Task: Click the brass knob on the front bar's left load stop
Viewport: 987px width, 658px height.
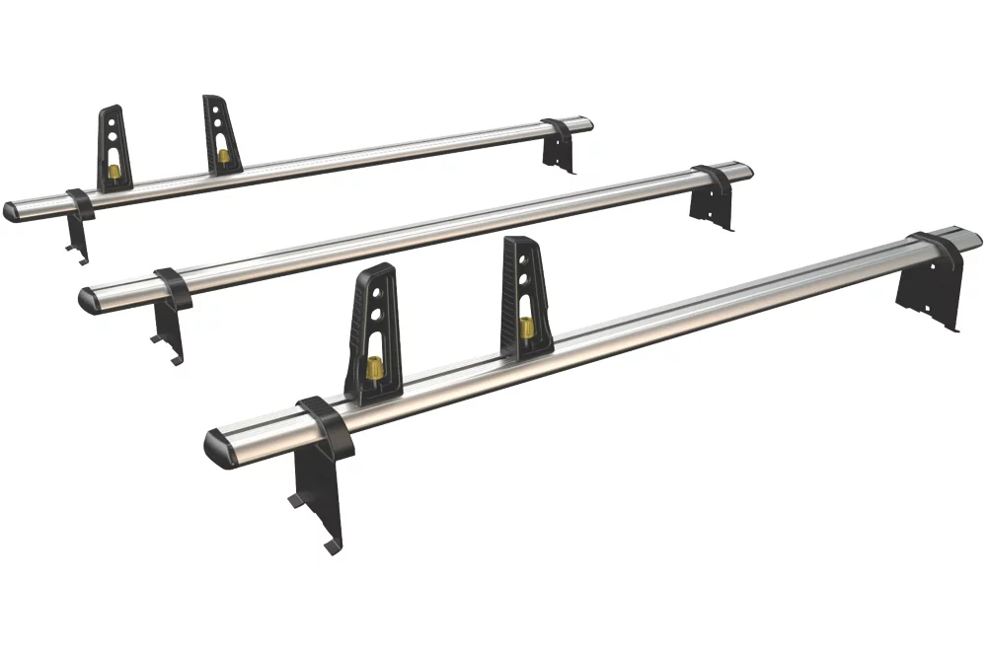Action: point(375,370)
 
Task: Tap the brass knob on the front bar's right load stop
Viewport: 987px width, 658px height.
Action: point(526,328)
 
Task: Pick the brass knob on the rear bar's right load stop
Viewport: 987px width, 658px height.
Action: point(225,156)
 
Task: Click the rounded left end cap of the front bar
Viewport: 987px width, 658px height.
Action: point(217,450)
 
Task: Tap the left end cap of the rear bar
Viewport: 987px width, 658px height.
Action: point(12,211)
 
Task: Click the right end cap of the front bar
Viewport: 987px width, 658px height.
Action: point(971,237)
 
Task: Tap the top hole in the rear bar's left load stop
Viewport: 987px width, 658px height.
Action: point(114,124)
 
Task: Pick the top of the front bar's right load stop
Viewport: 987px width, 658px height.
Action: point(516,243)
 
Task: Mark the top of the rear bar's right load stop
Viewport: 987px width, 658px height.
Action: point(212,100)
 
